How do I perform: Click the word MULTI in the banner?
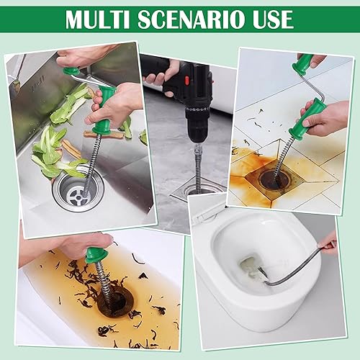98,19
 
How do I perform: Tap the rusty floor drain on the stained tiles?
274,178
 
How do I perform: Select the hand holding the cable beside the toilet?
329,243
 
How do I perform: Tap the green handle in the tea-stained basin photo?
96,255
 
